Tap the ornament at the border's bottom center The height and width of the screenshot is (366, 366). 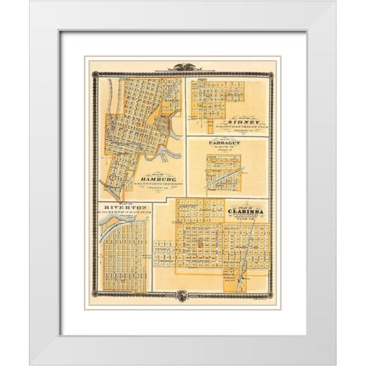click(x=183, y=295)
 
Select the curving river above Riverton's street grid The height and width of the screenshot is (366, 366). click(x=114, y=222)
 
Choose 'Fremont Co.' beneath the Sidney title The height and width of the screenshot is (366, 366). click(x=253, y=128)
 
